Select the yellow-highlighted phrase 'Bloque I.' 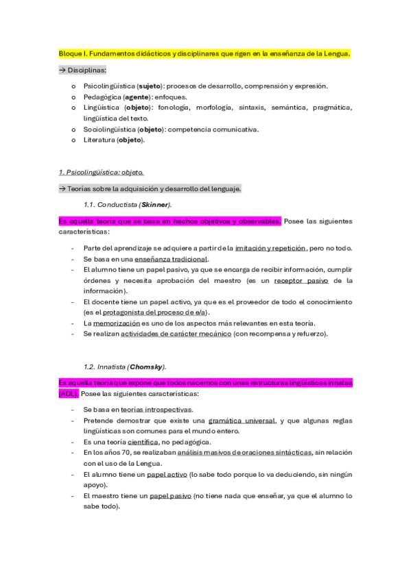point(72,53)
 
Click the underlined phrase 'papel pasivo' point(169,495)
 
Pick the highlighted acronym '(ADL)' point(69,394)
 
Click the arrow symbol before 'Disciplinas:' point(62,70)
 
